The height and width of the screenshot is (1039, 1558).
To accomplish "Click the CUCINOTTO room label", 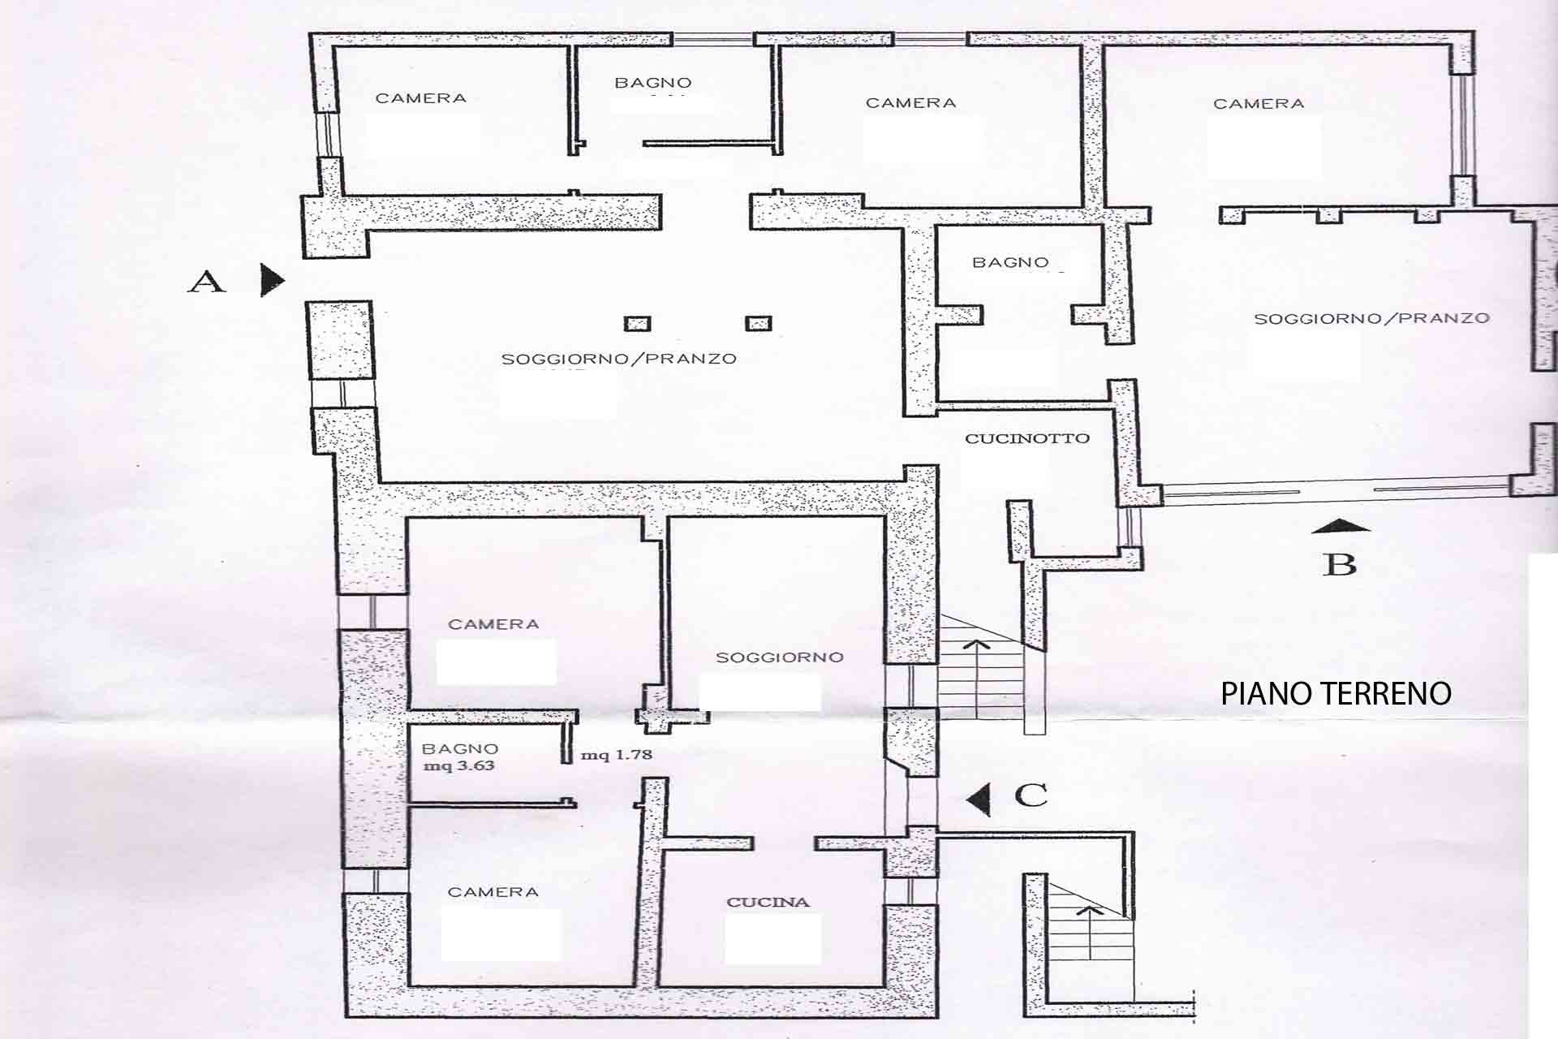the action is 1026,438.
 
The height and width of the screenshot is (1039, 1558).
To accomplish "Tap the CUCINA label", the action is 768,902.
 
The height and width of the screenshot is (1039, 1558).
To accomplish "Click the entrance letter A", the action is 207,282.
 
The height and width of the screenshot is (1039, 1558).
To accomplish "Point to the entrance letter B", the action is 1340,564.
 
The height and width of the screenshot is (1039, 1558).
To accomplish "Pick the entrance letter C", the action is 1031,795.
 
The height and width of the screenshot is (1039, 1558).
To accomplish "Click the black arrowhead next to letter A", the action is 272,280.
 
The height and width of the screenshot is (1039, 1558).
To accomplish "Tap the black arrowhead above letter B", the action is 1340,525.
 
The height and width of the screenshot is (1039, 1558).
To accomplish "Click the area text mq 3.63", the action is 458,765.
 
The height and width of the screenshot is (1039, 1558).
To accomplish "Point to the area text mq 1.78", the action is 616,755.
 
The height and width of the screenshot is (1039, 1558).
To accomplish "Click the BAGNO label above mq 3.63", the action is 460,749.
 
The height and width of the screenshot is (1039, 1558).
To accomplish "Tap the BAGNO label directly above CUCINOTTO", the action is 1010,262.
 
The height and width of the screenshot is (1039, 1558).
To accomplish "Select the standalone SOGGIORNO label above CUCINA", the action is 779,657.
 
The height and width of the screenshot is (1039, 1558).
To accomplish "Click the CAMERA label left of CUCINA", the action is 493,892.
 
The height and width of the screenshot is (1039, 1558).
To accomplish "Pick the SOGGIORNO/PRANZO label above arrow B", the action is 1371,318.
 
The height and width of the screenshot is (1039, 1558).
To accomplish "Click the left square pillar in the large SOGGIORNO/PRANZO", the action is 637,324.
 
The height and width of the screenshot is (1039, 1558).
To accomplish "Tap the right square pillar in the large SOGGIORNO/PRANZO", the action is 758,324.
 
